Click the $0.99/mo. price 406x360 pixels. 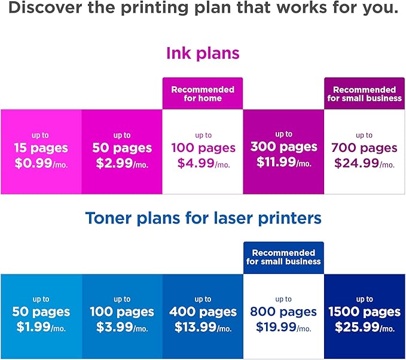point(41,163)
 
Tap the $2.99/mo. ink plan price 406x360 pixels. point(121,163)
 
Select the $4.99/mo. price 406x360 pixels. point(203,163)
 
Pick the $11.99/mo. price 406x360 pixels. point(283,161)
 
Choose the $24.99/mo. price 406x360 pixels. point(364,163)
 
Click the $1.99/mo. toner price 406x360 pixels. point(41,327)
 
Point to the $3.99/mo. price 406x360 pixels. point(121,327)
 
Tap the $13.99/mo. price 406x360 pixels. point(203,327)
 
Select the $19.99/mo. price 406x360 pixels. point(283,327)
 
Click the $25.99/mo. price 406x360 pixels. point(364,327)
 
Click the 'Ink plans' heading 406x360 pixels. point(203,53)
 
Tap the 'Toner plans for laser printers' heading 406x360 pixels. point(203,218)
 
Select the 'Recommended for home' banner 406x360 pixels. point(203,93)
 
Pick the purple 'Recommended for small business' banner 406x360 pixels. point(364,93)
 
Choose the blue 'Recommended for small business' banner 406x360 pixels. point(283,257)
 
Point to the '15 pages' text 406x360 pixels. point(41,148)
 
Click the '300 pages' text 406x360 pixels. point(283,147)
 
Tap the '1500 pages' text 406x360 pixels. point(364,312)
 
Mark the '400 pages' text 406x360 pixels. point(203,312)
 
